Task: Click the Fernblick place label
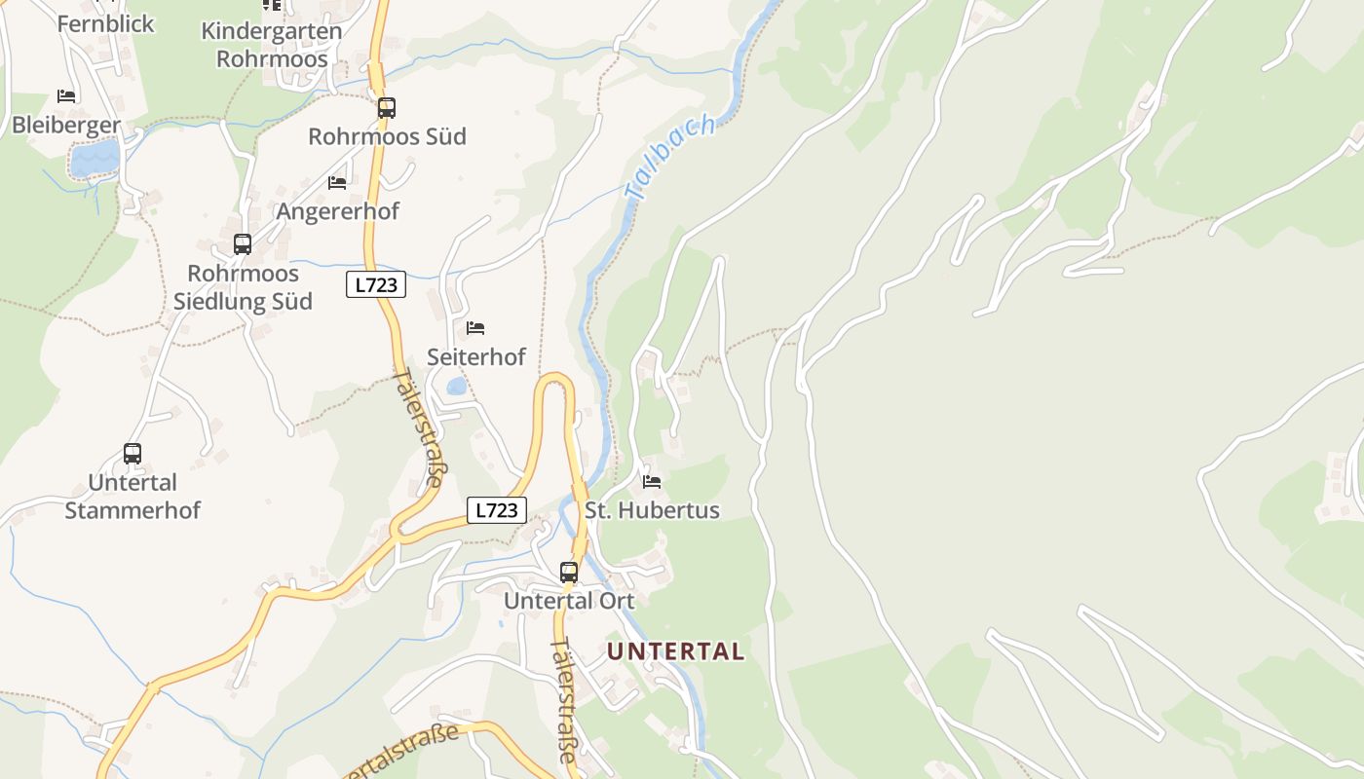105,23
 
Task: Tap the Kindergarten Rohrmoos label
271,44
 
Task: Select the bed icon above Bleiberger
66,95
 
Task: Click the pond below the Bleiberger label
95,157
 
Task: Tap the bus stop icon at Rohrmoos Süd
387,108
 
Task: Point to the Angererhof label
337,211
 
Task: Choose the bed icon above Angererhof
337,182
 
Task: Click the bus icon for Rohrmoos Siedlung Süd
243,244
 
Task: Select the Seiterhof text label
476,357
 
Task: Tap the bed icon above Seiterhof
475,328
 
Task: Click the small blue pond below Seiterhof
456,387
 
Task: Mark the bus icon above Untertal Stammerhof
133,453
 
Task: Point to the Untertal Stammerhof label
133,497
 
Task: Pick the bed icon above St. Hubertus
652,481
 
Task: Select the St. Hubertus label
652,510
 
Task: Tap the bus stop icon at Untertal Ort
569,573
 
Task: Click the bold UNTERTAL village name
676,651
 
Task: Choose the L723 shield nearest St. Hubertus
497,510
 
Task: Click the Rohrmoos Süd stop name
387,136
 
